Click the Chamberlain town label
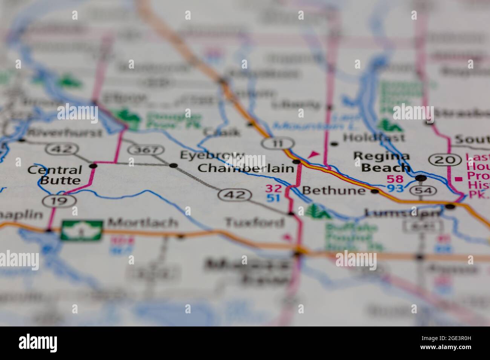pyautogui.click(x=245, y=168)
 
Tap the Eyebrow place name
pyautogui.click(x=212, y=155)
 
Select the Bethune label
pyautogui.click(x=334, y=191)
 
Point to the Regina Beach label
pyautogui.click(x=381, y=162)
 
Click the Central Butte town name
pyautogui.click(x=55, y=175)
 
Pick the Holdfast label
pyautogui.click(x=374, y=138)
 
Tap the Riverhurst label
pyautogui.click(x=65, y=133)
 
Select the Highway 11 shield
pyautogui.click(x=278, y=143)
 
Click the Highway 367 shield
pyautogui.click(x=146, y=150)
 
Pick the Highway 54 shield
pyautogui.click(x=421, y=191)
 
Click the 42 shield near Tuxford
pyautogui.click(x=234, y=194)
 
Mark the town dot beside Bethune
pyautogui.click(x=375, y=191)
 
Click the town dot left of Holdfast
pyautogui.click(x=334, y=143)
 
